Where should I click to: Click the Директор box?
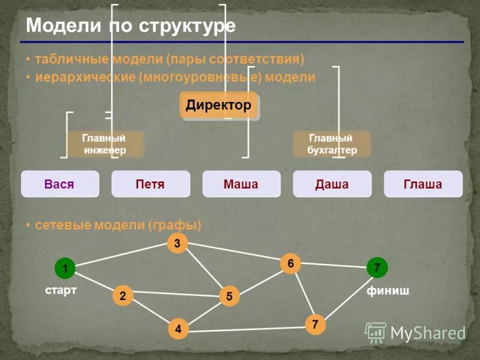click(219, 106)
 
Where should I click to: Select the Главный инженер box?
click(104, 144)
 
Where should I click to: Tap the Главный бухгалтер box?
click(332, 144)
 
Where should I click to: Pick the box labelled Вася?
click(59, 184)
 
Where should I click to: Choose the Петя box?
click(151, 184)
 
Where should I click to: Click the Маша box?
click(241, 184)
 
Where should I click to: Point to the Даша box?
click(332, 184)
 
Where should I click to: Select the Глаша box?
click(423, 184)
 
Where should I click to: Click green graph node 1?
click(64, 268)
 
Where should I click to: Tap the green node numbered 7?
click(377, 268)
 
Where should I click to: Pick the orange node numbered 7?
click(315, 325)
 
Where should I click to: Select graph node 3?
click(177, 243)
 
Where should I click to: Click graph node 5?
click(229, 295)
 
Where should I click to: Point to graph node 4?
click(178, 328)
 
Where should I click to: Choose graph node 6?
click(290, 263)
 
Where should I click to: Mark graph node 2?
click(122, 295)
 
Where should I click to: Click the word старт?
click(61, 290)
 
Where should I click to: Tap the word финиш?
click(388, 291)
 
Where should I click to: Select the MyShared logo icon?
click(376, 332)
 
